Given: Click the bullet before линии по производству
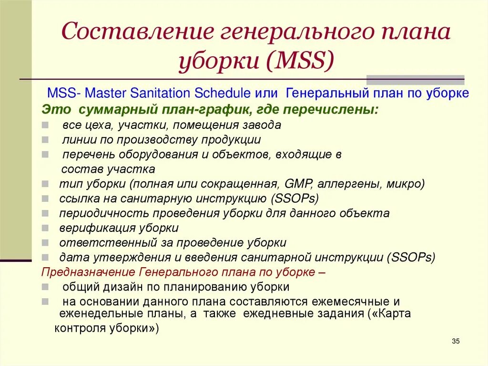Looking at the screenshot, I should [44, 140].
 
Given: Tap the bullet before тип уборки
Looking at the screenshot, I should [44, 184].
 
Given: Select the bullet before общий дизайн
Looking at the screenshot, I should [44, 287].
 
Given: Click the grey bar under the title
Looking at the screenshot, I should [415, 80].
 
